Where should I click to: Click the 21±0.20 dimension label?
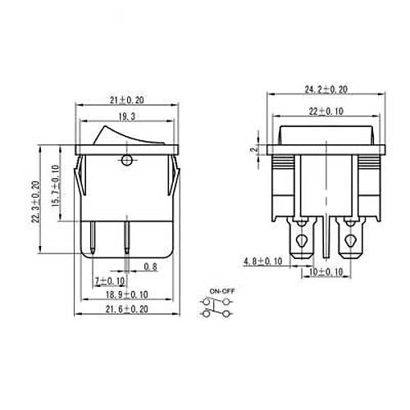point(127,100)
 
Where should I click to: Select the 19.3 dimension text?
point(127,116)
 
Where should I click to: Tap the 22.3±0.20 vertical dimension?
point(36,202)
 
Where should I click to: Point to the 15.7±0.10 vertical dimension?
point(56,185)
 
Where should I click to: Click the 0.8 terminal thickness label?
point(151,266)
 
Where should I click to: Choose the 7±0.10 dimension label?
point(110,280)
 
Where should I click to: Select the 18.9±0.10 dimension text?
point(127,294)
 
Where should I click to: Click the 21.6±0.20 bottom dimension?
point(127,309)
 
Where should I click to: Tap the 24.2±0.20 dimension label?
point(326,89)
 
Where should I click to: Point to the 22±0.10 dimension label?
point(326,112)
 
